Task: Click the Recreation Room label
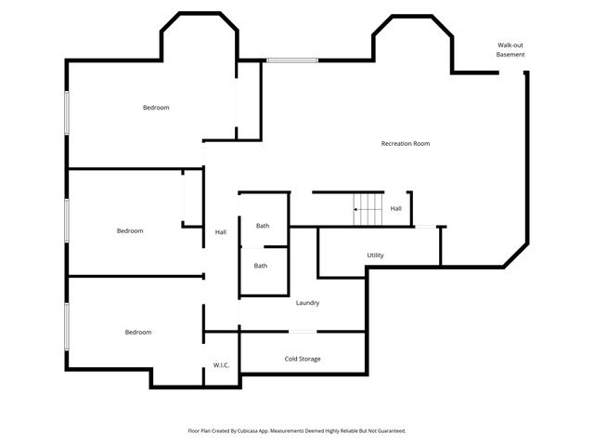pyautogui.click(x=406, y=143)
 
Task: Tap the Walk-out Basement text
pyautogui.click(x=510, y=50)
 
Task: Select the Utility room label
pyautogui.click(x=375, y=256)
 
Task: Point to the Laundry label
pyautogui.click(x=307, y=303)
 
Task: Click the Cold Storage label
pyautogui.click(x=303, y=359)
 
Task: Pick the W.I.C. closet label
pyautogui.click(x=221, y=365)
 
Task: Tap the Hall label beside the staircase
pyautogui.click(x=395, y=209)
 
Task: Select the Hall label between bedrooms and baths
pyautogui.click(x=221, y=232)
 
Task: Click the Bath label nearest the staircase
pyautogui.click(x=263, y=226)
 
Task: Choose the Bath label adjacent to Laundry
pyautogui.click(x=261, y=266)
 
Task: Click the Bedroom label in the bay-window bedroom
pyautogui.click(x=156, y=108)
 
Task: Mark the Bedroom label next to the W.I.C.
pyautogui.click(x=138, y=332)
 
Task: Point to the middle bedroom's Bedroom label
pyautogui.click(x=130, y=230)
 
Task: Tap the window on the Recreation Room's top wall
pyautogui.click(x=292, y=61)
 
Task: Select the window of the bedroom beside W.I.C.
pyautogui.click(x=66, y=326)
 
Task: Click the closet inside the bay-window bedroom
pyautogui.click(x=248, y=102)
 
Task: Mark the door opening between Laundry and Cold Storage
pyautogui.click(x=303, y=332)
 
